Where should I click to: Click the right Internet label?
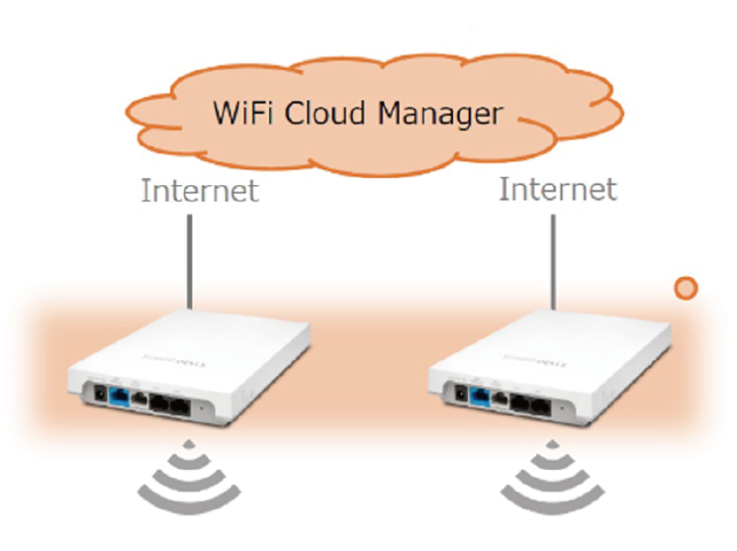(558, 189)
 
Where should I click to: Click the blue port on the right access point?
(483, 396)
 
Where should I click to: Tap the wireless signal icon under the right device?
(552, 477)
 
